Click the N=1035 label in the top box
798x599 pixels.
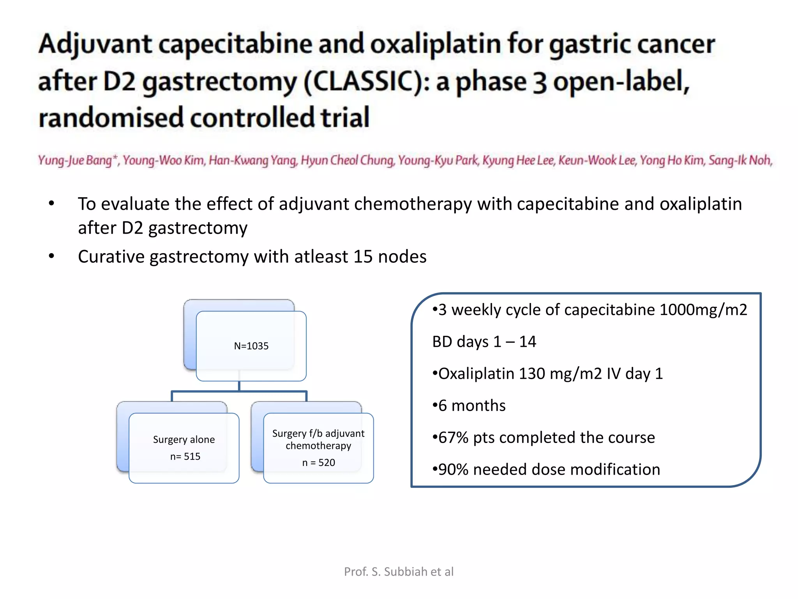(251, 346)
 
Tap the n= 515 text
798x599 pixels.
(185, 456)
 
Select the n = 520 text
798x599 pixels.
(318, 463)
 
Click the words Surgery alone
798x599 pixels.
(184, 440)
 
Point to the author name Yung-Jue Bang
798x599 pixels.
(76, 160)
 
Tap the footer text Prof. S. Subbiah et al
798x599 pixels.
(399, 572)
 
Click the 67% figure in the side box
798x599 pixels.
(453, 438)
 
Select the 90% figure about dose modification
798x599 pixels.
(453, 470)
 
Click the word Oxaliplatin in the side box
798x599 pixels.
(476, 374)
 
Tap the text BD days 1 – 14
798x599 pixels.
(484, 342)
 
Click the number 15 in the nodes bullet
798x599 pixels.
(362, 257)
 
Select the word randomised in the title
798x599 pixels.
(111, 118)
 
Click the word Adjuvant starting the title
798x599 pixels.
(95, 44)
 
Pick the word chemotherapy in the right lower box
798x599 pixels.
(318, 446)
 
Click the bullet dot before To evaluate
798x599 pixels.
(51, 204)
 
